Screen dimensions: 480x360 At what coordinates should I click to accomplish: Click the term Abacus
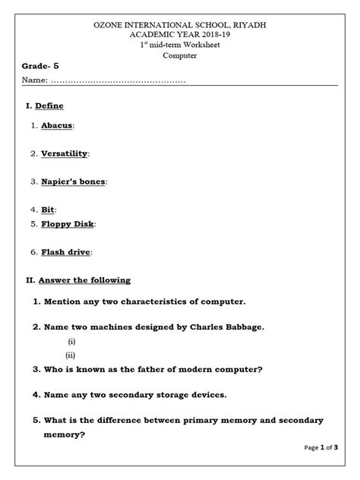57,125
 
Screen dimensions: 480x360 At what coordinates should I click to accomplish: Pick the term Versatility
64,153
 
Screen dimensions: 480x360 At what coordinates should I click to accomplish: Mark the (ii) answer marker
71,355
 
